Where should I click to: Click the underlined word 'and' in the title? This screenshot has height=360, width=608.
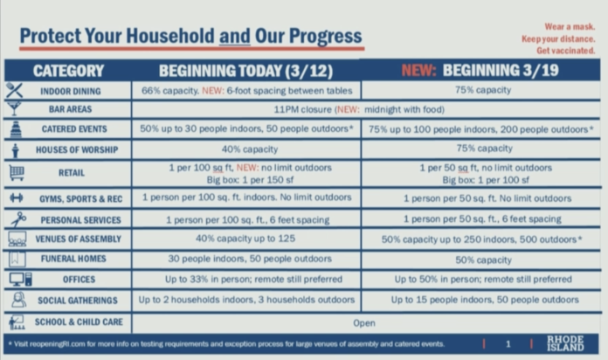(x=235, y=36)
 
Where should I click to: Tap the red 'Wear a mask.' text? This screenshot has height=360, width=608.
(x=570, y=27)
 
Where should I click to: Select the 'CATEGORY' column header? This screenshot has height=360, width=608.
(x=69, y=71)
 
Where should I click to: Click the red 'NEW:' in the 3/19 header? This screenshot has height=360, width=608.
(x=418, y=70)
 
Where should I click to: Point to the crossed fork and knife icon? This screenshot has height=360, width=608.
(x=14, y=90)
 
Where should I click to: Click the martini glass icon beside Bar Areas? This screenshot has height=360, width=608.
(x=14, y=109)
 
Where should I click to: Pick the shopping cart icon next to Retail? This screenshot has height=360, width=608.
(x=17, y=173)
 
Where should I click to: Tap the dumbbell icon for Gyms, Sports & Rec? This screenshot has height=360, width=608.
(x=17, y=197)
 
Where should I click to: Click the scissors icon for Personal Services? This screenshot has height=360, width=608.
(x=17, y=219)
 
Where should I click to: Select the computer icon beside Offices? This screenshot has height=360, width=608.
(x=21, y=279)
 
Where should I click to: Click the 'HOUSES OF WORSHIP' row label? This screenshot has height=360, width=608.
(x=77, y=149)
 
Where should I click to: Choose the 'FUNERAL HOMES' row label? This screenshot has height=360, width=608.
(x=73, y=259)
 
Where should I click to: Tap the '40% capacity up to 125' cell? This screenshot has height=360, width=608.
(x=245, y=239)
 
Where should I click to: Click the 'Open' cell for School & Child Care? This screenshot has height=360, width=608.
(x=364, y=323)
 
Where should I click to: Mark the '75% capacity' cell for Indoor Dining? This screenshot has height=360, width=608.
(x=483, y=90)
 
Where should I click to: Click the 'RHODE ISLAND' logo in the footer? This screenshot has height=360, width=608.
(x=565, y=343)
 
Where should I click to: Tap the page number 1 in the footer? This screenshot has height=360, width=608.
(x=508, y=344)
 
